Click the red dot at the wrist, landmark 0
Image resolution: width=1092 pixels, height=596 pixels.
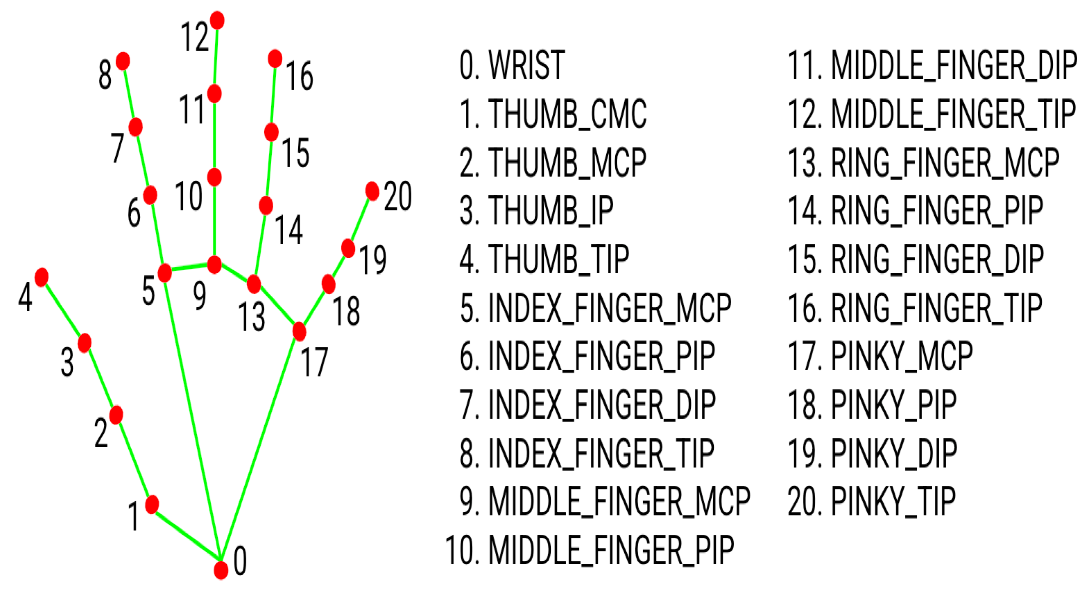221,570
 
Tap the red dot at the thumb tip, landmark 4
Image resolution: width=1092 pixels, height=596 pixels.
42,277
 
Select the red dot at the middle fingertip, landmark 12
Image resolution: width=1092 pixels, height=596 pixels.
217,20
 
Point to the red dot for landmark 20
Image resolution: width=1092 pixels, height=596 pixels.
372,191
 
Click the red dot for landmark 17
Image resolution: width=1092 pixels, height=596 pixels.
299,331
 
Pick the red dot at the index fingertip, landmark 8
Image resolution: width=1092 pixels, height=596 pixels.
123,61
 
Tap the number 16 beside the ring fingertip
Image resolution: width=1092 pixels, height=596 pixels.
300,76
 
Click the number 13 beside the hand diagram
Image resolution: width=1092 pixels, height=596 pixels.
251,317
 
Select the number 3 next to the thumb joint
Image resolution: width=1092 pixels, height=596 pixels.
67,362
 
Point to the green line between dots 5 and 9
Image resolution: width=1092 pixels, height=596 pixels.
190,268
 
